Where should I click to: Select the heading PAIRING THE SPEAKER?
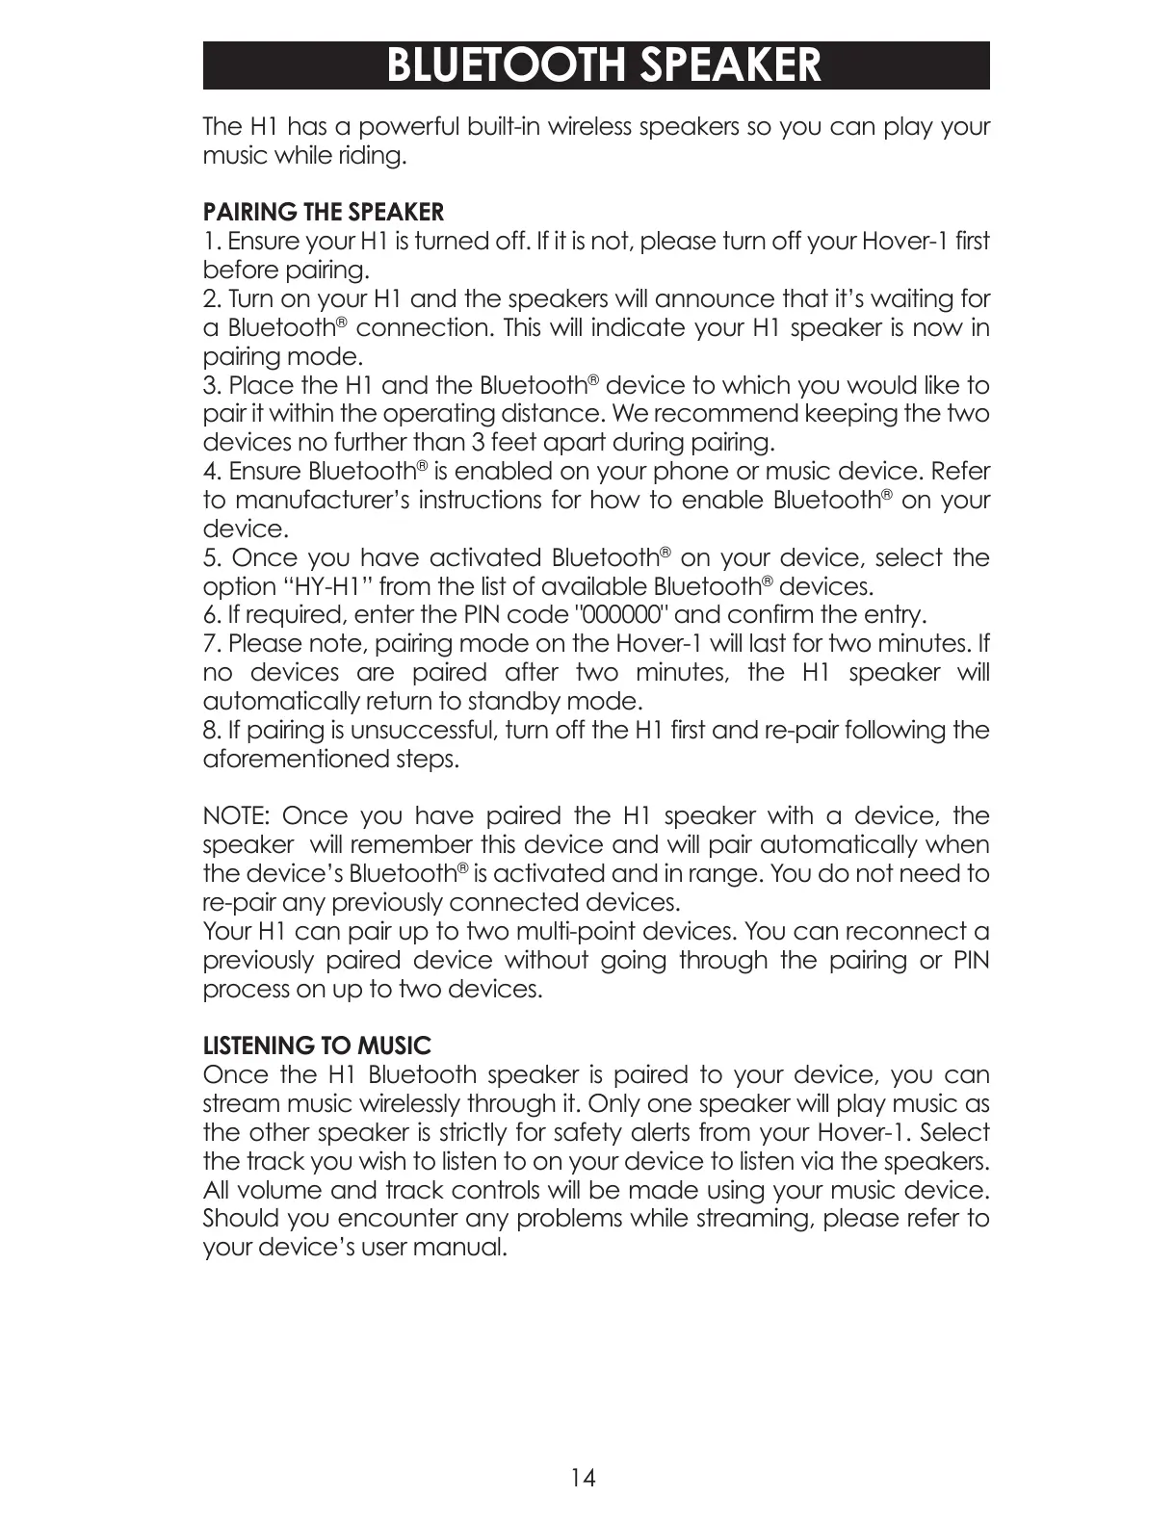324,212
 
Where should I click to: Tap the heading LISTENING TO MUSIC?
317,1045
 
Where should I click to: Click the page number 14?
584,1477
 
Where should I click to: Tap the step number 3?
211,386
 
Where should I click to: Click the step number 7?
210,644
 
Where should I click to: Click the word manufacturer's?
323,501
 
